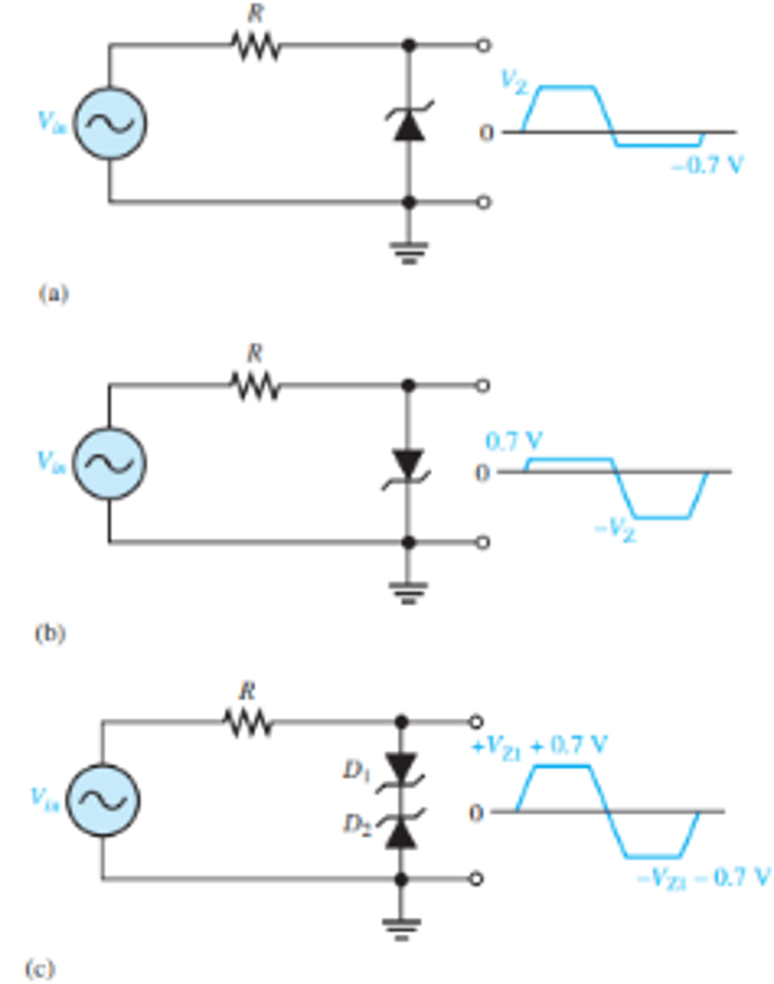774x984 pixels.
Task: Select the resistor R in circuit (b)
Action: pyautogui.click(x=256, y=386)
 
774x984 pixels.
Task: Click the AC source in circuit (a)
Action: pyautogui.click(x=109, y=123)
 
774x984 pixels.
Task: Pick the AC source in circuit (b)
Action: pyautogui.click(x=109, y=463)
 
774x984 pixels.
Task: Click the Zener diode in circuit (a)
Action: pyautogui.click(x=409, y=125)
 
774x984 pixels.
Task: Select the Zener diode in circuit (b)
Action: pyautogui.click(x=409, y=464)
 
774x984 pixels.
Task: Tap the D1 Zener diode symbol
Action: pyautogui.click(x=401, y=770)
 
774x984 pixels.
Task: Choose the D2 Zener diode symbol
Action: pyautogui.click(x=401, y=829)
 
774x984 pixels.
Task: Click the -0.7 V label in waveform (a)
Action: pyautogui.click(x=707, y=165)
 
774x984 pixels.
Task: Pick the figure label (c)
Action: pyautogui.click(x=40, y=970)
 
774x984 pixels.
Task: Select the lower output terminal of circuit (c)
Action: pyautogui.click(x=477, y=879)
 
